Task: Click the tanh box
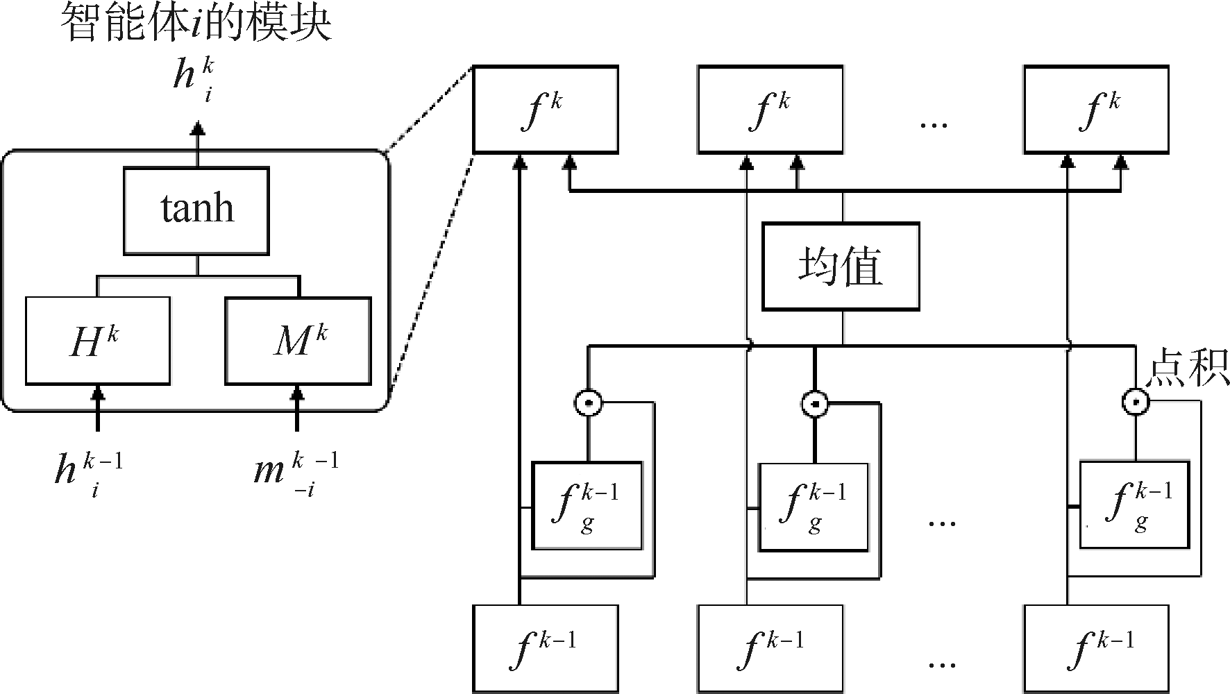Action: pos(196,210)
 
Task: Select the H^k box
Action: pos(98,341)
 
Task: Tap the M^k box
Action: pos(298,341)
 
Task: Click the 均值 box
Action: pos(841,266)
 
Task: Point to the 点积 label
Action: pos(1186,368)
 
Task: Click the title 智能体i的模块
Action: pos(196,24)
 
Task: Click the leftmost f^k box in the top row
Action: pos(545,109)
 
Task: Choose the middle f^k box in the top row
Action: pos(770,109)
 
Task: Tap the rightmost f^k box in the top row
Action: pos(1096,109)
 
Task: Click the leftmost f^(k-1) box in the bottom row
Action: pos(545,649)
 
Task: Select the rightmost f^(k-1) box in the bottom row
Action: pos(1096,649)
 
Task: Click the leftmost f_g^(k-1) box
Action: pos(587,506)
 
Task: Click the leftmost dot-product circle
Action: pos(589,402)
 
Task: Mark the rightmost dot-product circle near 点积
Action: pos(1136,401)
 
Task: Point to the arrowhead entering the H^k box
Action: pos(98,393)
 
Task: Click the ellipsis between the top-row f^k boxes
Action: pos(933,125)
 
